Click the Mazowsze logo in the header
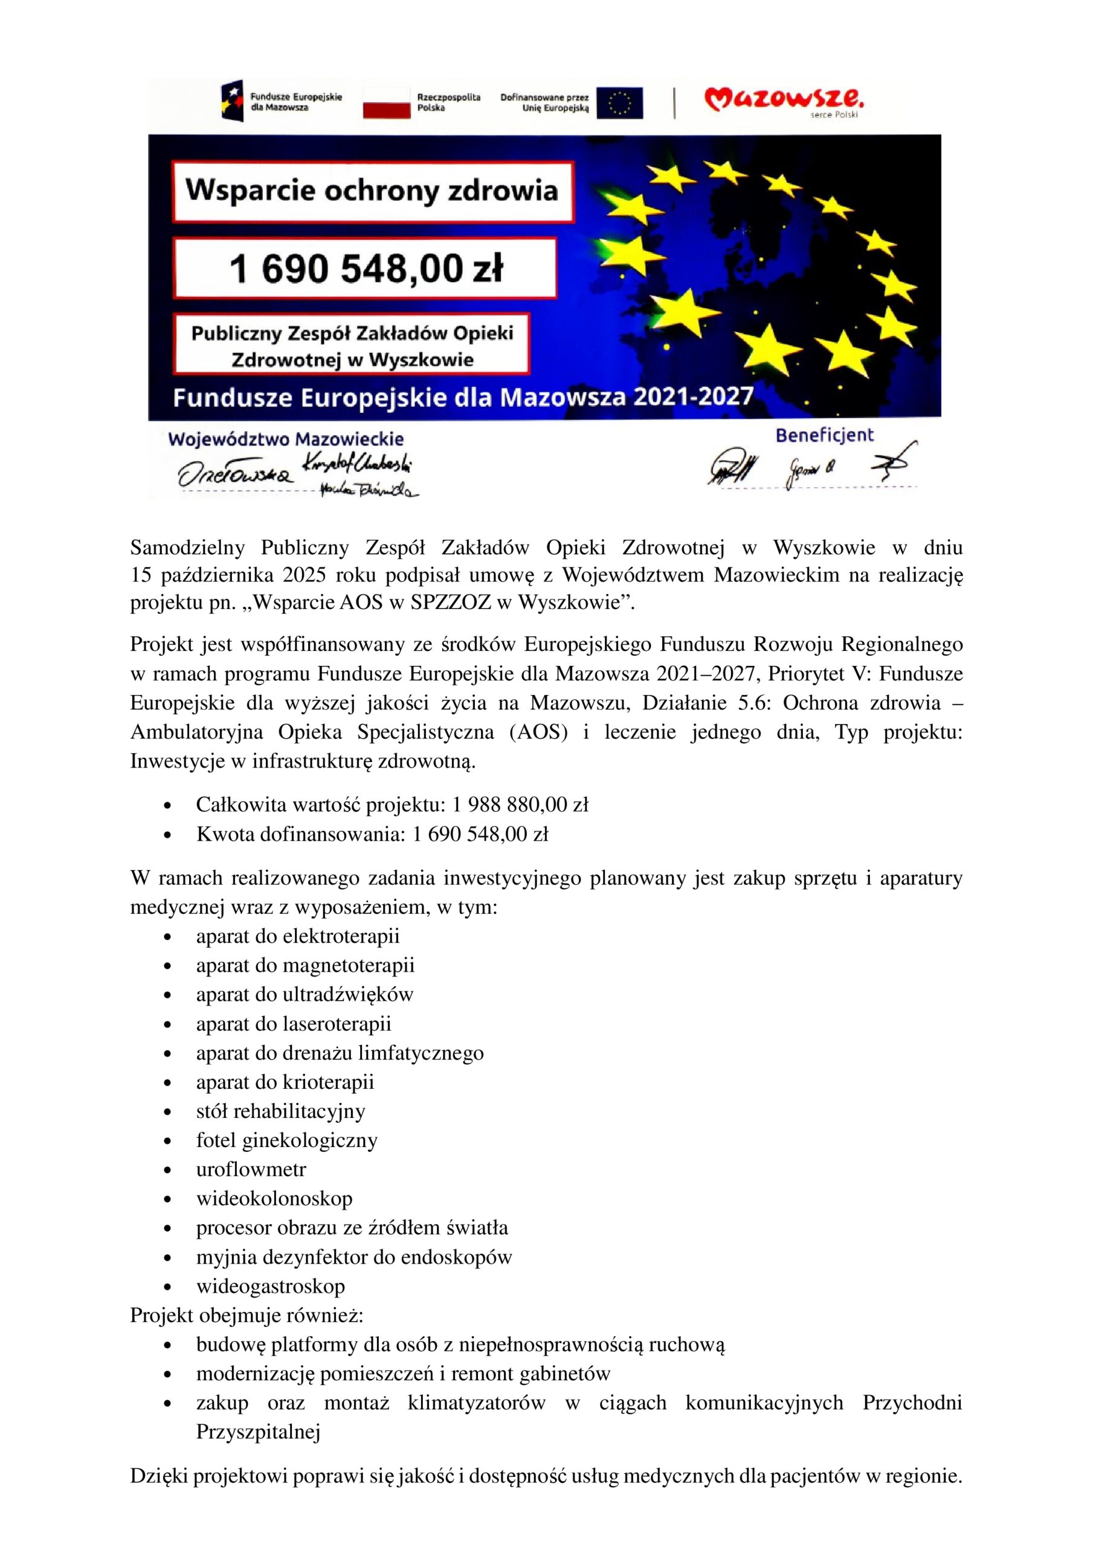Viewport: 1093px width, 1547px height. pos(784,101)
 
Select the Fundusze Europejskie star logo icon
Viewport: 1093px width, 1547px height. pos(233,101)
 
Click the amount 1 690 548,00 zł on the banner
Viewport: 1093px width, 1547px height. pos(365,268)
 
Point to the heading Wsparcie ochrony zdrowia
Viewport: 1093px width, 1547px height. pos(372,191)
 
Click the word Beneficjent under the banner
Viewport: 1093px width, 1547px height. pos(824,435)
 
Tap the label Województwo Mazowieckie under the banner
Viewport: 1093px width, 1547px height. pos(286,439)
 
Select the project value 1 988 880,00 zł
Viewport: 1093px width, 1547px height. pos(520,804)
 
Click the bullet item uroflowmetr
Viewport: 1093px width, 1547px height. pos(251,1169)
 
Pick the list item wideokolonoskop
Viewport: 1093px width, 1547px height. pos(274,1198)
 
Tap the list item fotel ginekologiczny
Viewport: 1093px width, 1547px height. pos(286,1140)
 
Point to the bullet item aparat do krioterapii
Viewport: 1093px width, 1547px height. pos(285,1082)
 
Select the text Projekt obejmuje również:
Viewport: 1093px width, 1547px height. pos(247,1314)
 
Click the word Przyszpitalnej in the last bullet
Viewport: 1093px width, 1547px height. pos(258,1431)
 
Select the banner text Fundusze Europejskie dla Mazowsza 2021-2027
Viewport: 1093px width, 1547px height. pos(463,397)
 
